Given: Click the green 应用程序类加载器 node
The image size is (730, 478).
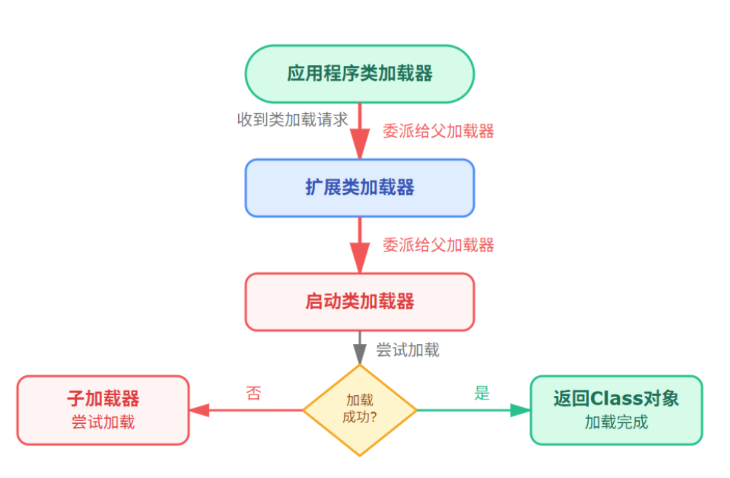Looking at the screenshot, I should pyautogui.click(x=359, y=74).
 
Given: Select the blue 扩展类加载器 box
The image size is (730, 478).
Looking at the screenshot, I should pyautogui.click(x=359, y=188).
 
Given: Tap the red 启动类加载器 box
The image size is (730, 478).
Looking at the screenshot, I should pyautogui.click(x=359, y=302).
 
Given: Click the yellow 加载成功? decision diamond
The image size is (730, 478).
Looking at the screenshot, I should pyautogui.click(x=359, y=409).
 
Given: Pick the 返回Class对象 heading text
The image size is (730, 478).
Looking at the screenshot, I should pyautogui.click(x=615, y=399).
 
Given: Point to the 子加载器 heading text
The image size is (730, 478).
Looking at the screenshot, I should pyautogui.click(x=103, y=399).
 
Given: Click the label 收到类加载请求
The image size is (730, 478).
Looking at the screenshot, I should pyautogui.click(x=292, y=120).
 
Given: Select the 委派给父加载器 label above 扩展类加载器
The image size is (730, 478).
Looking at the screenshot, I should pyautogui.click(x=438, y=131).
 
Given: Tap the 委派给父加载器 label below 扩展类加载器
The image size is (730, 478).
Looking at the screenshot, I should pyautogui.click(x=438, y=245).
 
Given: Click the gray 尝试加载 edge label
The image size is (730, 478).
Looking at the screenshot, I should pyautogui.click(x=408, y=349).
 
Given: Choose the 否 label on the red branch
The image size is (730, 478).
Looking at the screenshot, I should pyautogui.click(x=254, y=393).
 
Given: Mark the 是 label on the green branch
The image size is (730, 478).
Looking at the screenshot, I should pyautogui.click(x=481, y=393).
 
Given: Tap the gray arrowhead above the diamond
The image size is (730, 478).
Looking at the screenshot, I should pyautogui.click(x=359, y=356).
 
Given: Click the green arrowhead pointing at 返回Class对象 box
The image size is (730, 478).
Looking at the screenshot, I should pyautogui.click(x=520, y=410).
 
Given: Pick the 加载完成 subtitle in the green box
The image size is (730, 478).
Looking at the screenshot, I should pyautogui.click(x=615, y=423).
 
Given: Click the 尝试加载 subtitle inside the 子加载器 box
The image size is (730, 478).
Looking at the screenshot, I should pyautogui.click(x=103, y=423).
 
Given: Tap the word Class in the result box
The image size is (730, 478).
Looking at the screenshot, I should pyautogui.click(x=616, y=399).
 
